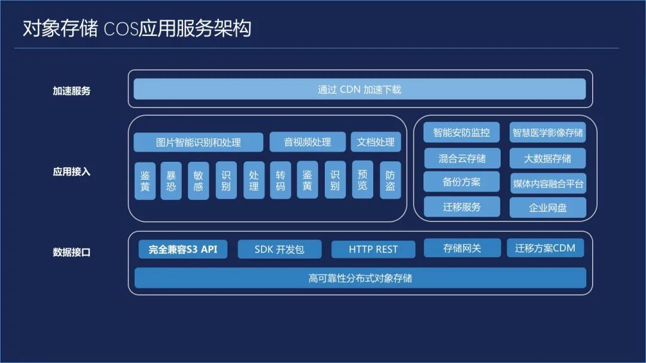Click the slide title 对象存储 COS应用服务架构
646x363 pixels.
coord(136,29)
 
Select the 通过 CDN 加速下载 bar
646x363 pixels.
coord(359,89)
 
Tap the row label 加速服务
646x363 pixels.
coord(71,91)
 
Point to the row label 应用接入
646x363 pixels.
coord(71,172)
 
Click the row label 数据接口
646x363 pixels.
coord(71,252)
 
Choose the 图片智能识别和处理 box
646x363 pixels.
coord(198,142)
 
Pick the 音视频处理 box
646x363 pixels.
coord(307,142)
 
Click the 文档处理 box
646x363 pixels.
coord(376,142)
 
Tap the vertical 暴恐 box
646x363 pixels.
coord(171,180)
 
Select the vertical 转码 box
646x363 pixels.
coord(281,180)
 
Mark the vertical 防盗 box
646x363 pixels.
coord(390,180)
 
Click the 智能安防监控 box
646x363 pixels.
coord(461,132)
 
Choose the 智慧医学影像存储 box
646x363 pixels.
coord(547,132)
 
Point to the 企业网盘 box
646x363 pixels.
coord(547,208)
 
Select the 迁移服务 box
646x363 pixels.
coord(461,207)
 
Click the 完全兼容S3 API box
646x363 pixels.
coord(183,249)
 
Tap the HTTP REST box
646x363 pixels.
coord(373,249)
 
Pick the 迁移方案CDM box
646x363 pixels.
coord(545,248)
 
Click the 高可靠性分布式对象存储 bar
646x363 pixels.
coord(360,278)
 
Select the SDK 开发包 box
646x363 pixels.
coord(279,249)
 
